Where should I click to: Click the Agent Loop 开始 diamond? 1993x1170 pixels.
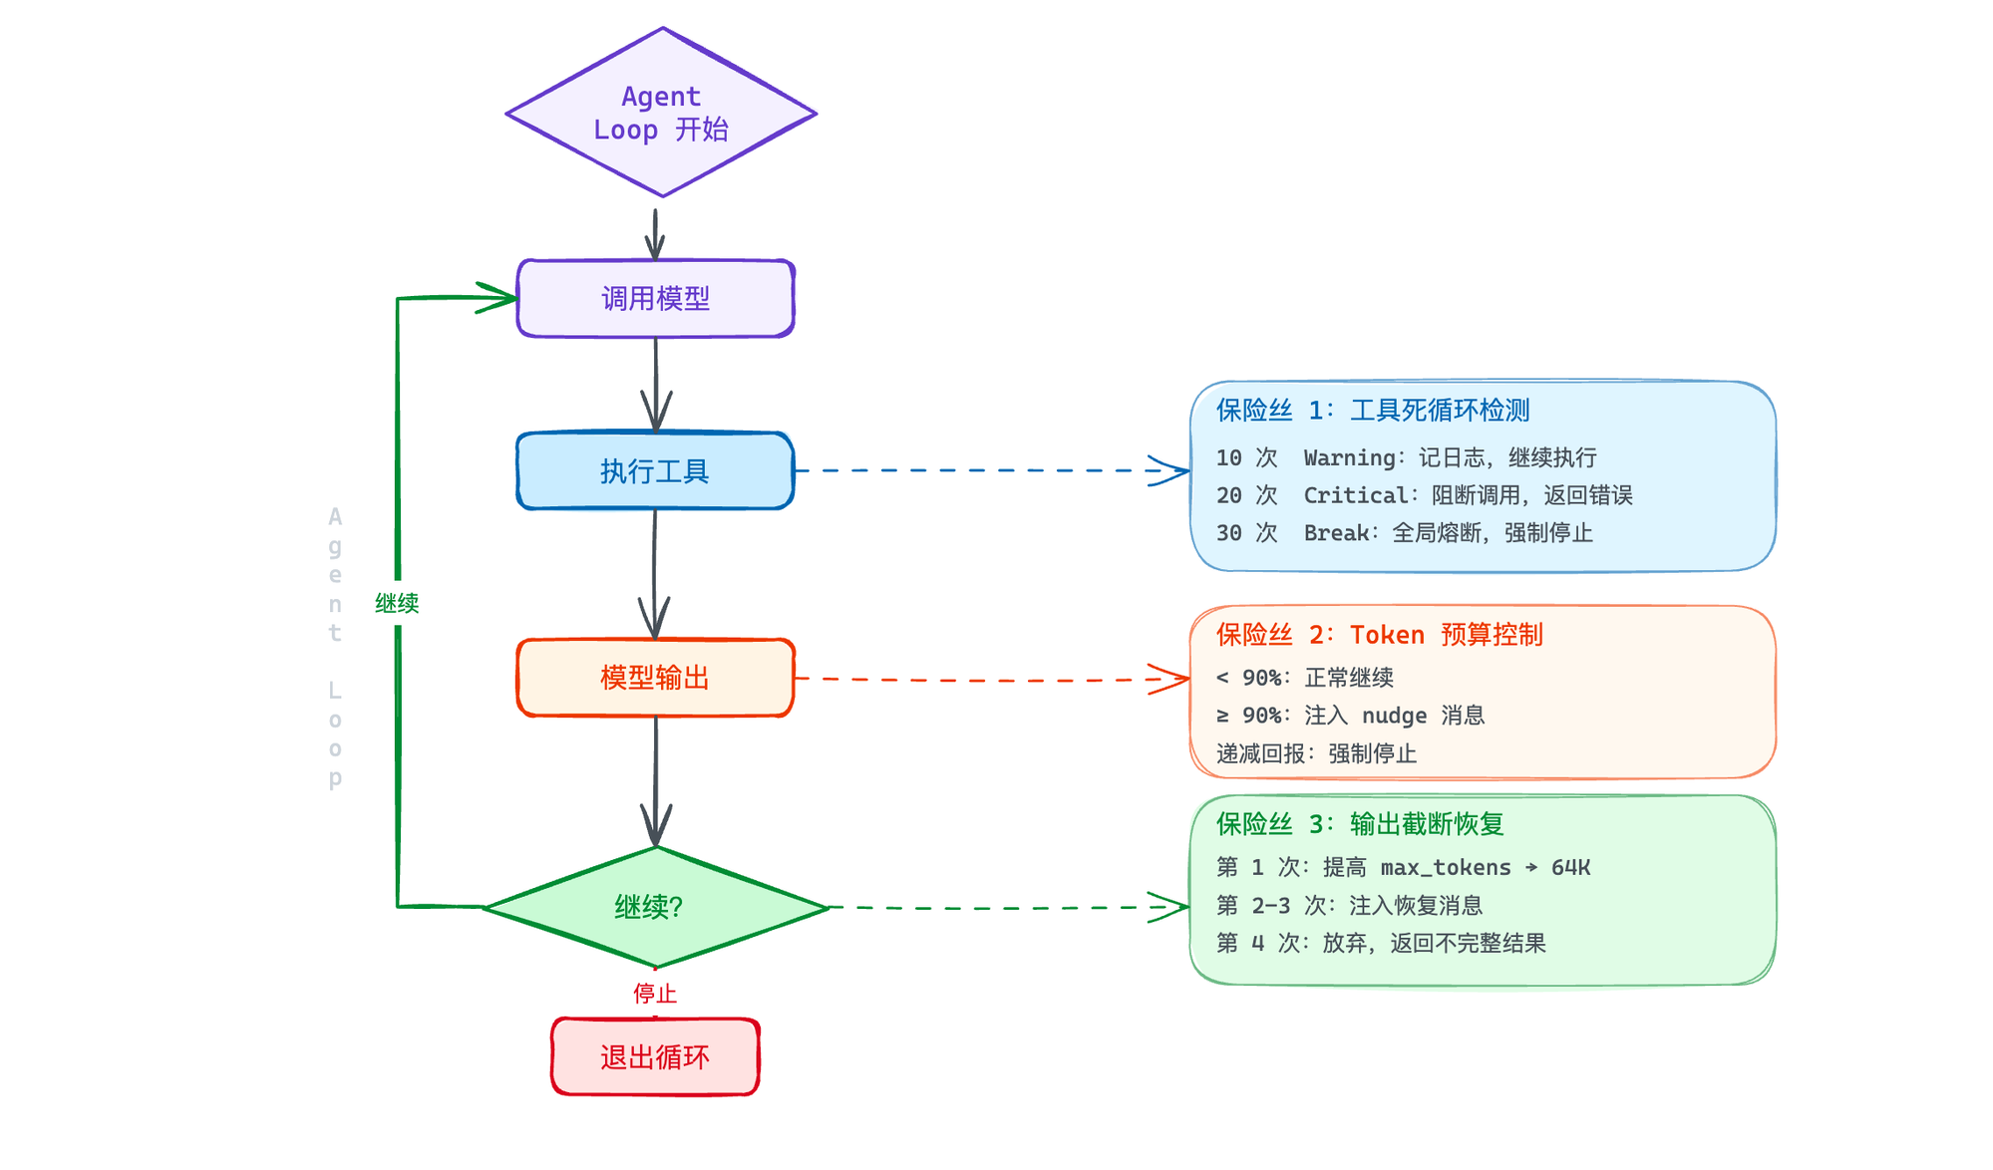coord(661,113)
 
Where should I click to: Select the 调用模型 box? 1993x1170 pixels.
coord(655,298)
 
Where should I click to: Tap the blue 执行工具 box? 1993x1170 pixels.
coord(655,470)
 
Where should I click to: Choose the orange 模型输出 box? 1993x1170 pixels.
coord(655,678)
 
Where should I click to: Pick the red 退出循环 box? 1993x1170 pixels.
coord(655,1056)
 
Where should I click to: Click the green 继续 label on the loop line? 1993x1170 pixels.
coord(397,603)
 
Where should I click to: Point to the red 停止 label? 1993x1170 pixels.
coord(655,993)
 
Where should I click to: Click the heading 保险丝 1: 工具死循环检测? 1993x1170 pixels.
coord(1372,411)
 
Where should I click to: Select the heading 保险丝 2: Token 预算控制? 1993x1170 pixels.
coord(1379,635)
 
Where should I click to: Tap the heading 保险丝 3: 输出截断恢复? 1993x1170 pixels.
coord(1360,824)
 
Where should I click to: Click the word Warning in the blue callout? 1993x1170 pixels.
coord(1349,457)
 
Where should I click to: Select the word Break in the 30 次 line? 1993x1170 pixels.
coord(1336,533)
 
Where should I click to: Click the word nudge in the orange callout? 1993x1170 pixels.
coord(1394,716)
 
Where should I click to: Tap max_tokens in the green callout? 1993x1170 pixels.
coord(1445,867)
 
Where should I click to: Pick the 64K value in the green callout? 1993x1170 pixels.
coord(1570,867)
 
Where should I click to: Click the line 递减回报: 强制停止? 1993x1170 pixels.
coord(1316,753)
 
